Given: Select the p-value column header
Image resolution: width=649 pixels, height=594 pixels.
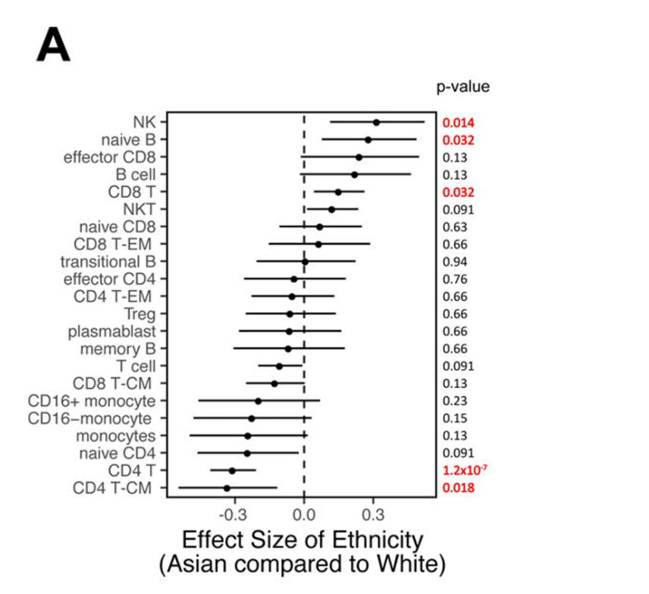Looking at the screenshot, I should click(462, 86).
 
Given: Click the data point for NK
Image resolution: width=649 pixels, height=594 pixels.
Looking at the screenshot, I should click(376, 122).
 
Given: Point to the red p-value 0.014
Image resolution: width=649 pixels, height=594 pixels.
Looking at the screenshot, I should click(459, 122).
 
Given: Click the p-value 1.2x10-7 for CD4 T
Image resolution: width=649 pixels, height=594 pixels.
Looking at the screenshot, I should click(465, 471).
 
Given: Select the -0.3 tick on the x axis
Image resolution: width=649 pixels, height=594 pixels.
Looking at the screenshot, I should click(234, 516).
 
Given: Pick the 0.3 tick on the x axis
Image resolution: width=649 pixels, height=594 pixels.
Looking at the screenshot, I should click(372, 516).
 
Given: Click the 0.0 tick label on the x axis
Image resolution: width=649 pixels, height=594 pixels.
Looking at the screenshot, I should click(304, 516).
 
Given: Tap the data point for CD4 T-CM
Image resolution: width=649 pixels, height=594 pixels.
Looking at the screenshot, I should click(227, 488).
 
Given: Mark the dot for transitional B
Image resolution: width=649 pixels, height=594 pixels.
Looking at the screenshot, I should click(306, 261).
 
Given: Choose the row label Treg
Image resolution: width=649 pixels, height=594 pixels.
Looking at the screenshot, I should click(140, 314).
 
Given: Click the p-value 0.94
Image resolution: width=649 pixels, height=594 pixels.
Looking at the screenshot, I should click(455, 261).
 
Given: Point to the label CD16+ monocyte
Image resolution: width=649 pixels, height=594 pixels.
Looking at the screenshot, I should click(92, 400).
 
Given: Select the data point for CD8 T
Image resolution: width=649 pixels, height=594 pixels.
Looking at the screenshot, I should click(338, 192).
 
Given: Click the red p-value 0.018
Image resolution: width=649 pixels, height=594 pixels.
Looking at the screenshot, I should click(459, 488).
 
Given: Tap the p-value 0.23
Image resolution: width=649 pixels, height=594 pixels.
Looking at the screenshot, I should click(455, 401).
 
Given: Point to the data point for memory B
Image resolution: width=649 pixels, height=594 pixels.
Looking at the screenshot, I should click(288, 349).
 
